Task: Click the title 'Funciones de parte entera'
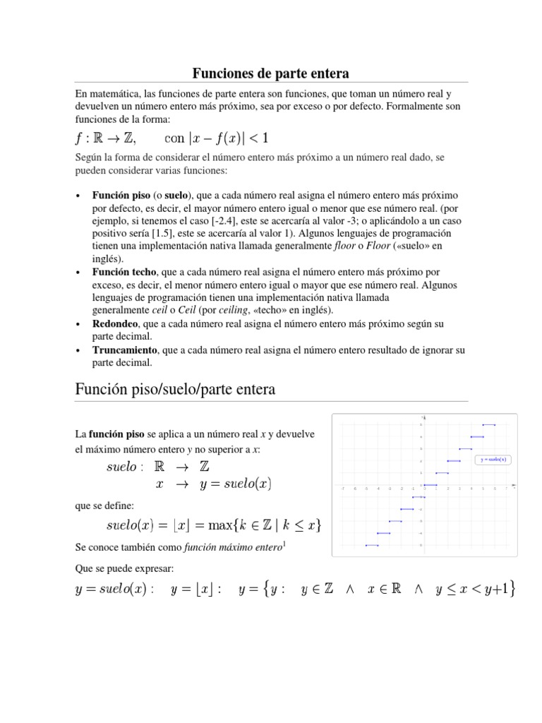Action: coord(271,73)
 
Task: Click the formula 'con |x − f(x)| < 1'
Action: coord(216,137)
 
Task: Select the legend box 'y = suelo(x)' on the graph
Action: coord(494,460)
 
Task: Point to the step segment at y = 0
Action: coord(430,484)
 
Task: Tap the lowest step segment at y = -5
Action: coord(372,545)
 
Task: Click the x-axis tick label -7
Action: coord(342,489)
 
